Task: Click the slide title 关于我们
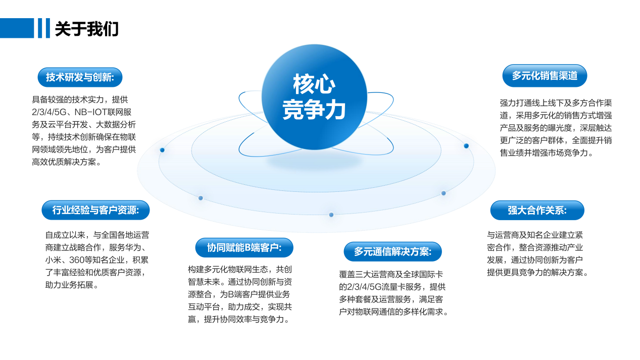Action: pos(86,29)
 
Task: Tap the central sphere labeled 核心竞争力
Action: pos(314,97)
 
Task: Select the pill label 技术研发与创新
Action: pos(80,77)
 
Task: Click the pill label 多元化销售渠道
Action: pos(545,76)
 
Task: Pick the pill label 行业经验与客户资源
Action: pos(95,210)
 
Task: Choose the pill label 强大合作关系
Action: pos(537,211)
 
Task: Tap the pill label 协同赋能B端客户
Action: pos(244,247)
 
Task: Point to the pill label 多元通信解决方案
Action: pos(392,251)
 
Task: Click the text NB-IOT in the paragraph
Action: pos(91,112)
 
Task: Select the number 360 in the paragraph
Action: pos(77,260)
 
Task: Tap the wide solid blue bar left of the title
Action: pos(17,28)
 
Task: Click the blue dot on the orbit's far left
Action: pos(162,150)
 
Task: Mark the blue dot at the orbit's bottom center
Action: pos(331,215)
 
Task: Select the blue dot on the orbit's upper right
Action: pos(466,146)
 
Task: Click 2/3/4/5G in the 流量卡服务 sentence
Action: pos(365,287)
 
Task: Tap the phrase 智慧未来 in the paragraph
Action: pos(204,282)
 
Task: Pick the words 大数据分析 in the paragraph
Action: pos(116,125)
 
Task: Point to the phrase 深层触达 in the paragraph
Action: pos(596,128)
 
